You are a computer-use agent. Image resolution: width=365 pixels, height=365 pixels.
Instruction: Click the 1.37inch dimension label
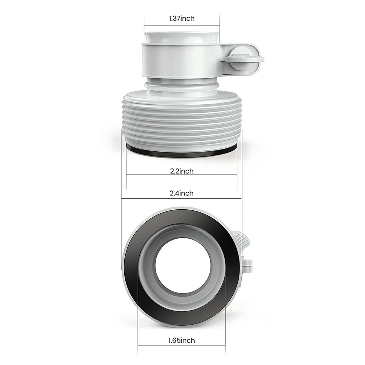[x=182, y=18]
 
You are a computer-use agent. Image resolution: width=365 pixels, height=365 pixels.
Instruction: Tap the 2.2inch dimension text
[x=182, y=171]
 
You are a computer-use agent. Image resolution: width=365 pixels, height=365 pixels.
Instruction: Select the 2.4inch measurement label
[x=182, y=193]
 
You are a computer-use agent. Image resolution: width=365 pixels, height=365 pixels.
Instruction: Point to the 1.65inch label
[x=182, y=340]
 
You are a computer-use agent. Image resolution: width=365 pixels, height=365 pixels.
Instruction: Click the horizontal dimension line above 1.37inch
[x=182, y=25]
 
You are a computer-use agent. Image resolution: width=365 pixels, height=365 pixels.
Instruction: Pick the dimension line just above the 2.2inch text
[x=182, y=175]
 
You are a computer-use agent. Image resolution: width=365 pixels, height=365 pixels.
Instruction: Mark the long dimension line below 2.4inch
[x=182, y=198]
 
